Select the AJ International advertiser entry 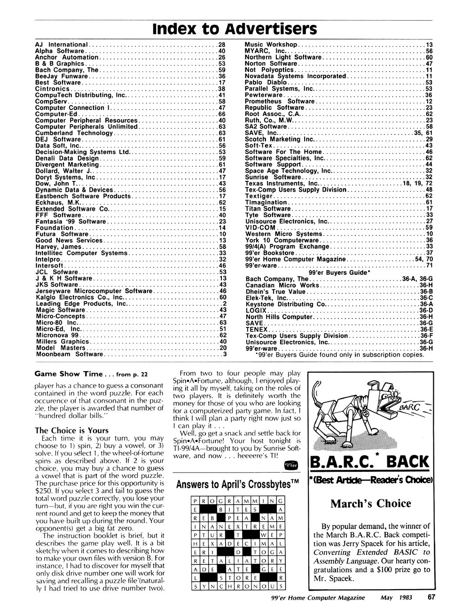[62, 45]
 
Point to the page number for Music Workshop [429, 45]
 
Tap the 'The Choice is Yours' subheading [72, 430]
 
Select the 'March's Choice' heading [370, 504]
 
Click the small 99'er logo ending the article [291, 464]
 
